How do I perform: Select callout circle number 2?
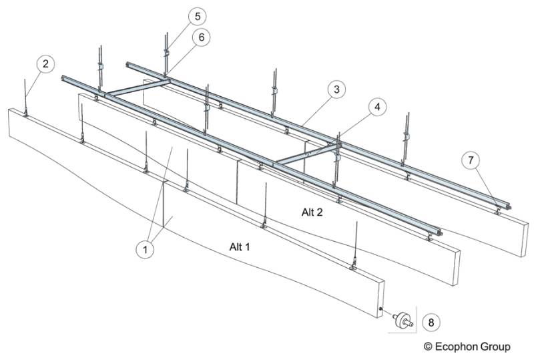click(x=45, y=64)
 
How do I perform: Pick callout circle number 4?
click(x=378, y=106)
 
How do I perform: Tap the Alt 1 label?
click(x=240, y=246)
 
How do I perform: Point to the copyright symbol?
click(x=428, y=347)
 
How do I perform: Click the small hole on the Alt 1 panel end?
click(x=380, y=309)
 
